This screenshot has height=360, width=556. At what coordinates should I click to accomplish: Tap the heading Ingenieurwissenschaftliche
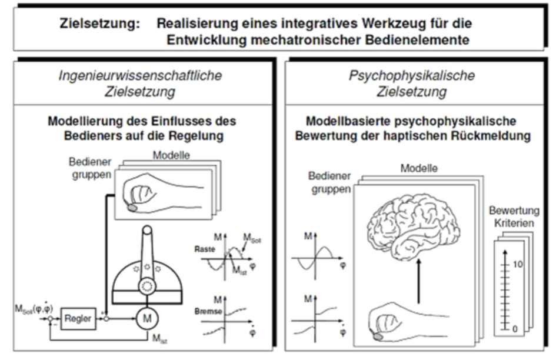[x=140, y=76]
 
